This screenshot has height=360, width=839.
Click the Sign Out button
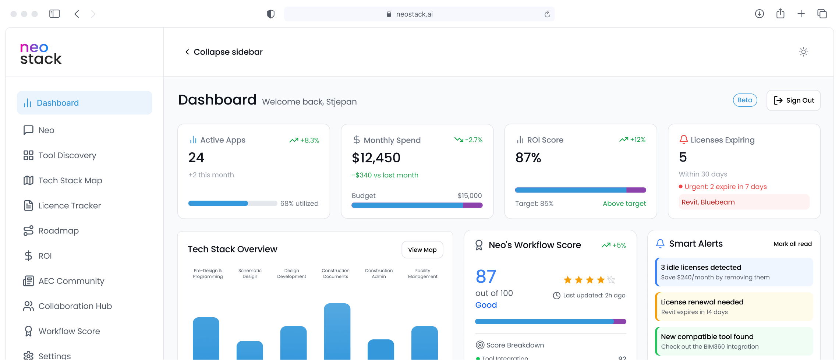click(793, 100)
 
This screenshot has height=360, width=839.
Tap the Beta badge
click(745, 100)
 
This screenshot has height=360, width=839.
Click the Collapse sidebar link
click(224, 52)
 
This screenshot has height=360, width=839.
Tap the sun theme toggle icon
click(803, 52)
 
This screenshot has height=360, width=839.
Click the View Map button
click(422, 250)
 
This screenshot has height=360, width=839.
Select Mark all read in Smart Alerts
click(792, 244)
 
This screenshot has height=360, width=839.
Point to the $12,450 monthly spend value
click(376, 158)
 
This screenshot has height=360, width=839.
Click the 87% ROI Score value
click(528, 158)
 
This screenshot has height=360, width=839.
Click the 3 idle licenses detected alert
click(734, 272)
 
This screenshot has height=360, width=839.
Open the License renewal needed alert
click(734, 307)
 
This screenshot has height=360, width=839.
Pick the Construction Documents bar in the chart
click(337, 331)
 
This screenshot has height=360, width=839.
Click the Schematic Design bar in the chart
click(250, 350)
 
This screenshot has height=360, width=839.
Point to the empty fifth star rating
click(611, 280)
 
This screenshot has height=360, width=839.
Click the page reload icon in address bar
click(547, 14)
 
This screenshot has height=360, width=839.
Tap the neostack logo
click(40, 53)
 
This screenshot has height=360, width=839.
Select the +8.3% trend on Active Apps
click(304, 140)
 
